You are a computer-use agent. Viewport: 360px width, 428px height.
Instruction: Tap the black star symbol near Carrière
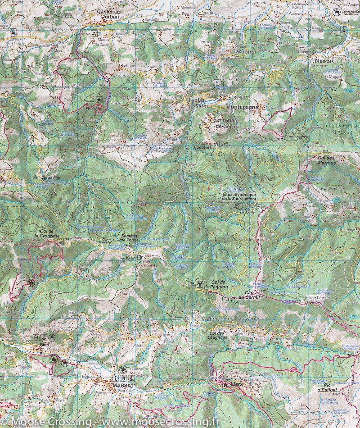click(x=99, y=100)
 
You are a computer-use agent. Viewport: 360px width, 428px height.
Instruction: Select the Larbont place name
click(x=243, y=51)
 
